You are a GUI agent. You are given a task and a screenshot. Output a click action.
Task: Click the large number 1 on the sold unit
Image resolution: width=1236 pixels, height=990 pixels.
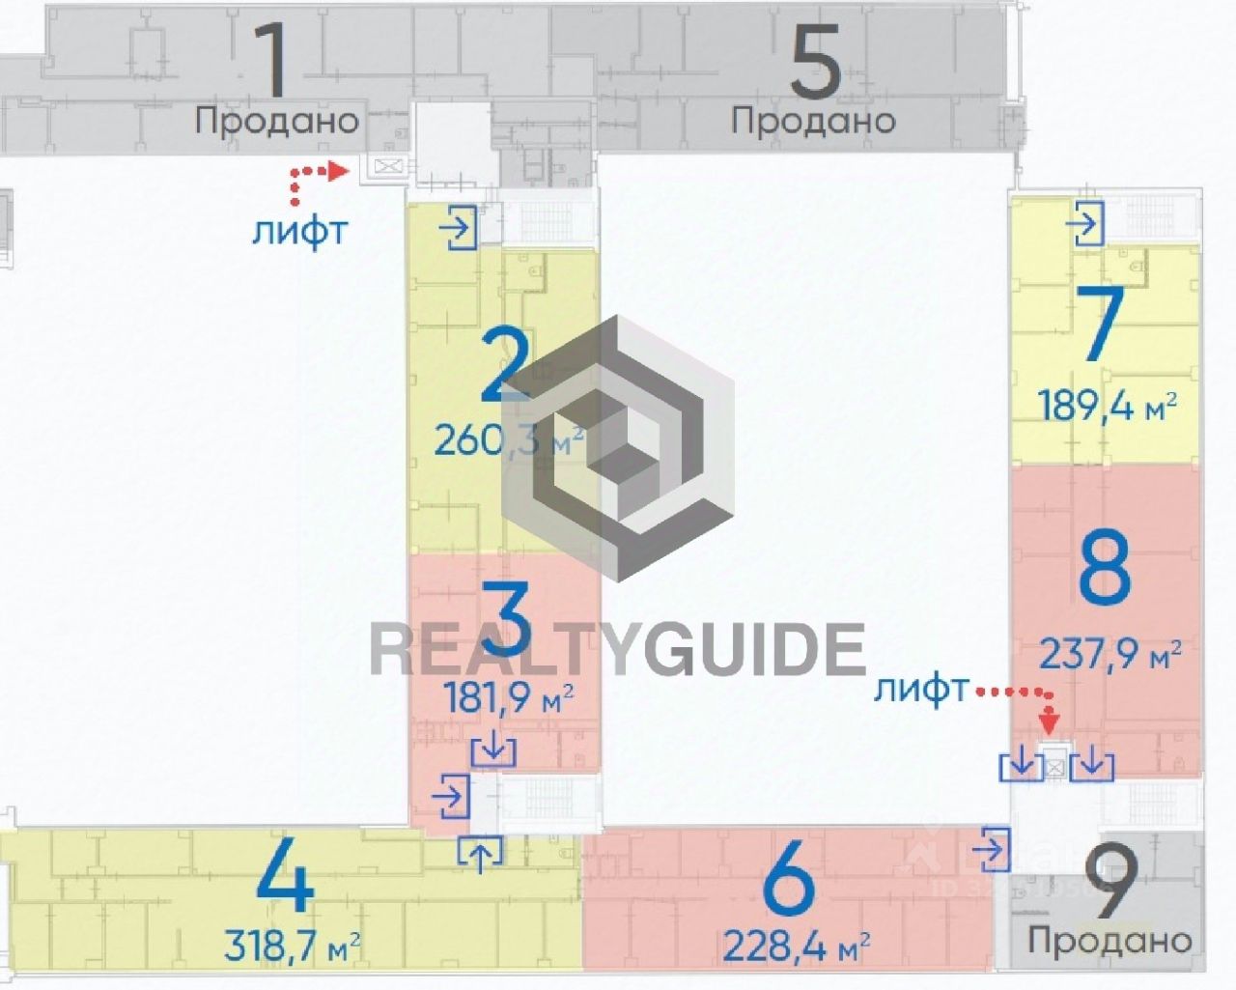pos(275,59)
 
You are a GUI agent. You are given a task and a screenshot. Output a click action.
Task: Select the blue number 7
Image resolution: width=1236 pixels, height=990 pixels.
pos(1104,325)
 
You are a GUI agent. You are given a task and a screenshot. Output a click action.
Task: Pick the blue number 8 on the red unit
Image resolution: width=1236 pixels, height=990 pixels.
pos(1105,571)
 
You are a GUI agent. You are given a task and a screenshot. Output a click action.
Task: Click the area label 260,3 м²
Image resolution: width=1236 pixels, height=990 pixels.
pos(508,440)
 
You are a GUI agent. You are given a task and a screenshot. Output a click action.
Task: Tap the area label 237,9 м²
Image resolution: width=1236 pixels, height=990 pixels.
pos(1110,656)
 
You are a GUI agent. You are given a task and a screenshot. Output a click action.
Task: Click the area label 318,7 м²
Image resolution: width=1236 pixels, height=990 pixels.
pos(293,946)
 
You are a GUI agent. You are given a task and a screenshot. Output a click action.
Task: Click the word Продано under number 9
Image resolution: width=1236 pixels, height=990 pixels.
pos(1110,939)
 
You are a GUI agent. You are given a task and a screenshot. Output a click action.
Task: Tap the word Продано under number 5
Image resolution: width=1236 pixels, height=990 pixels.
pos(813,121)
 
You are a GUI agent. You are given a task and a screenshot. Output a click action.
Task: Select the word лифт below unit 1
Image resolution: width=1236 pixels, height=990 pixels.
pos(298,232)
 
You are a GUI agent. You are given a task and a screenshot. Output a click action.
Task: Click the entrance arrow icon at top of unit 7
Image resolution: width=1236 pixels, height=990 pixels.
pos(1085,225)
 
